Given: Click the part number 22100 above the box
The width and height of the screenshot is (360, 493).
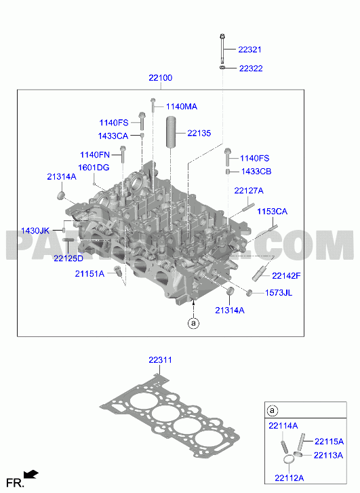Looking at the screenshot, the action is click(161, 78).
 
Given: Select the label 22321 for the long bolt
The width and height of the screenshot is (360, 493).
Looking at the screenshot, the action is click(249, 50).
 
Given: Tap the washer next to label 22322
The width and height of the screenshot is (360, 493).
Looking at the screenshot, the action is click(222, 67).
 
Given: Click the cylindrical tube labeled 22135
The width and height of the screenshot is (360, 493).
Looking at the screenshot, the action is click(171, 132).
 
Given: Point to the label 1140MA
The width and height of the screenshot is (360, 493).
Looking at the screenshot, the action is click(182, 106).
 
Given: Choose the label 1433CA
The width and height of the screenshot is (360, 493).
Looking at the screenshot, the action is click(113, 136).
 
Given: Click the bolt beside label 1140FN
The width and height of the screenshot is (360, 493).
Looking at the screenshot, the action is click(123, 154).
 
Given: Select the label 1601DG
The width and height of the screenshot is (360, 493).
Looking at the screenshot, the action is click(94, 167).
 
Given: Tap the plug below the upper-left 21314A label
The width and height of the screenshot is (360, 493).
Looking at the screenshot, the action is click(61, 195).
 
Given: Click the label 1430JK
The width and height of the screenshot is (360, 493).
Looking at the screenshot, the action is click(35, 231).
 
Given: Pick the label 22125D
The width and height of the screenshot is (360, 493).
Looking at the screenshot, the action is click(68, 258).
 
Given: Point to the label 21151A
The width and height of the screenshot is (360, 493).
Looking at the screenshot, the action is click(89, 274).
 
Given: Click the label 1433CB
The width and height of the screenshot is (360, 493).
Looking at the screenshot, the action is click(256, 172).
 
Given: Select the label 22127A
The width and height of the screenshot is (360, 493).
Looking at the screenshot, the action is click(249, 191).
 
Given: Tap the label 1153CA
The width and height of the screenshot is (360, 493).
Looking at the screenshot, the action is click(273, 212).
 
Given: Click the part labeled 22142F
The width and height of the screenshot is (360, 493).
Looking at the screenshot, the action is click(259, 273).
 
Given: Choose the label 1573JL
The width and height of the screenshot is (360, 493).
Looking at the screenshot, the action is click(279, 293).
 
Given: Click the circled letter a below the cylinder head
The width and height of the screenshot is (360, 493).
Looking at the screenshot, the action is click(193, 323).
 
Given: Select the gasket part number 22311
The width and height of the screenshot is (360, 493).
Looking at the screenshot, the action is click(161, 359).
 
